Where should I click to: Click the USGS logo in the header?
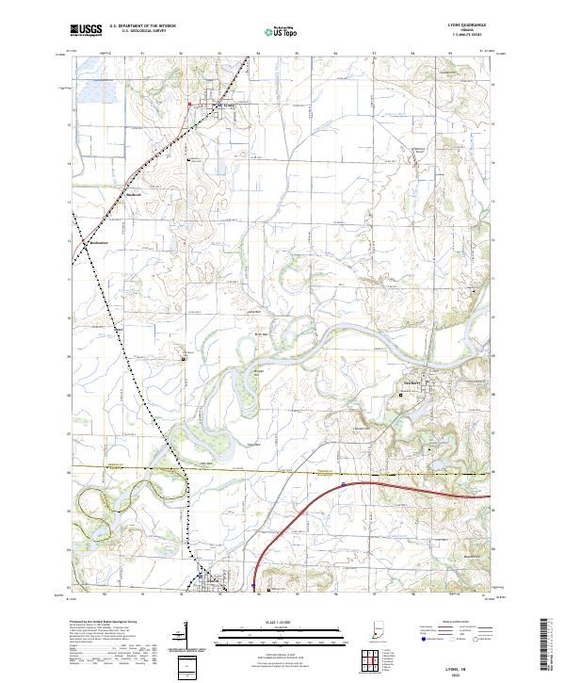pos(84,31)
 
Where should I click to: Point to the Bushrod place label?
pos(133,195)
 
